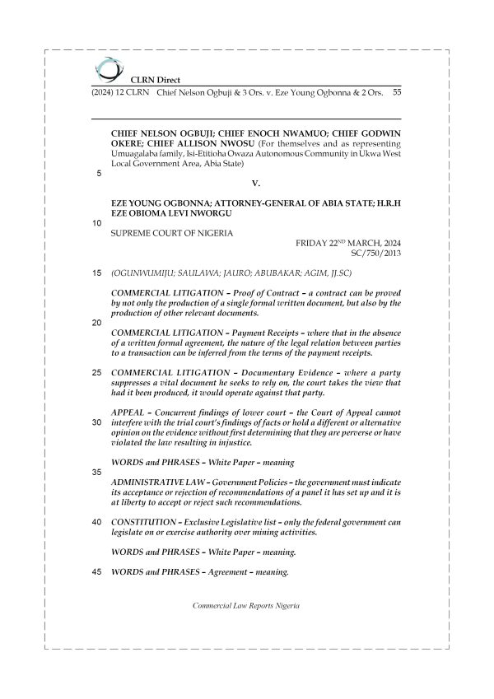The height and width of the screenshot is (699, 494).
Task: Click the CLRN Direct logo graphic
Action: (x=107, y=68)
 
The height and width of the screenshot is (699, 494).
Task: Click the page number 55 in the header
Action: (x=396, y=93)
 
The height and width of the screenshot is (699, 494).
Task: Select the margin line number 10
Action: (x=98, y=223)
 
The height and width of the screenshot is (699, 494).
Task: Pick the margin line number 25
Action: (x=98, y=372)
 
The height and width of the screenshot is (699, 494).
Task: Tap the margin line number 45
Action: (x=98, y=573)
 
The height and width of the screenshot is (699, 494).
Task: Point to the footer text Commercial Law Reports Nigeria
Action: (x=246, y=605)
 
